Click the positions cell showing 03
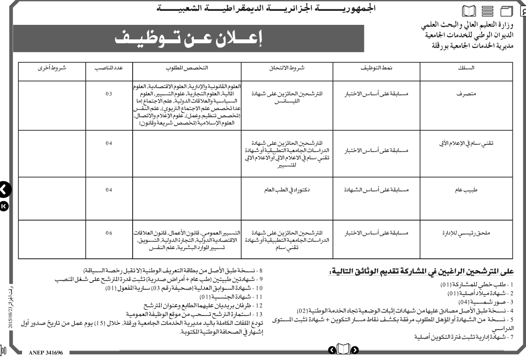[109, 94]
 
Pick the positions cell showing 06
[109, 232]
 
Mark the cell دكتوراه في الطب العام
[287, 190]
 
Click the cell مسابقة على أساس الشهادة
[376, 190]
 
